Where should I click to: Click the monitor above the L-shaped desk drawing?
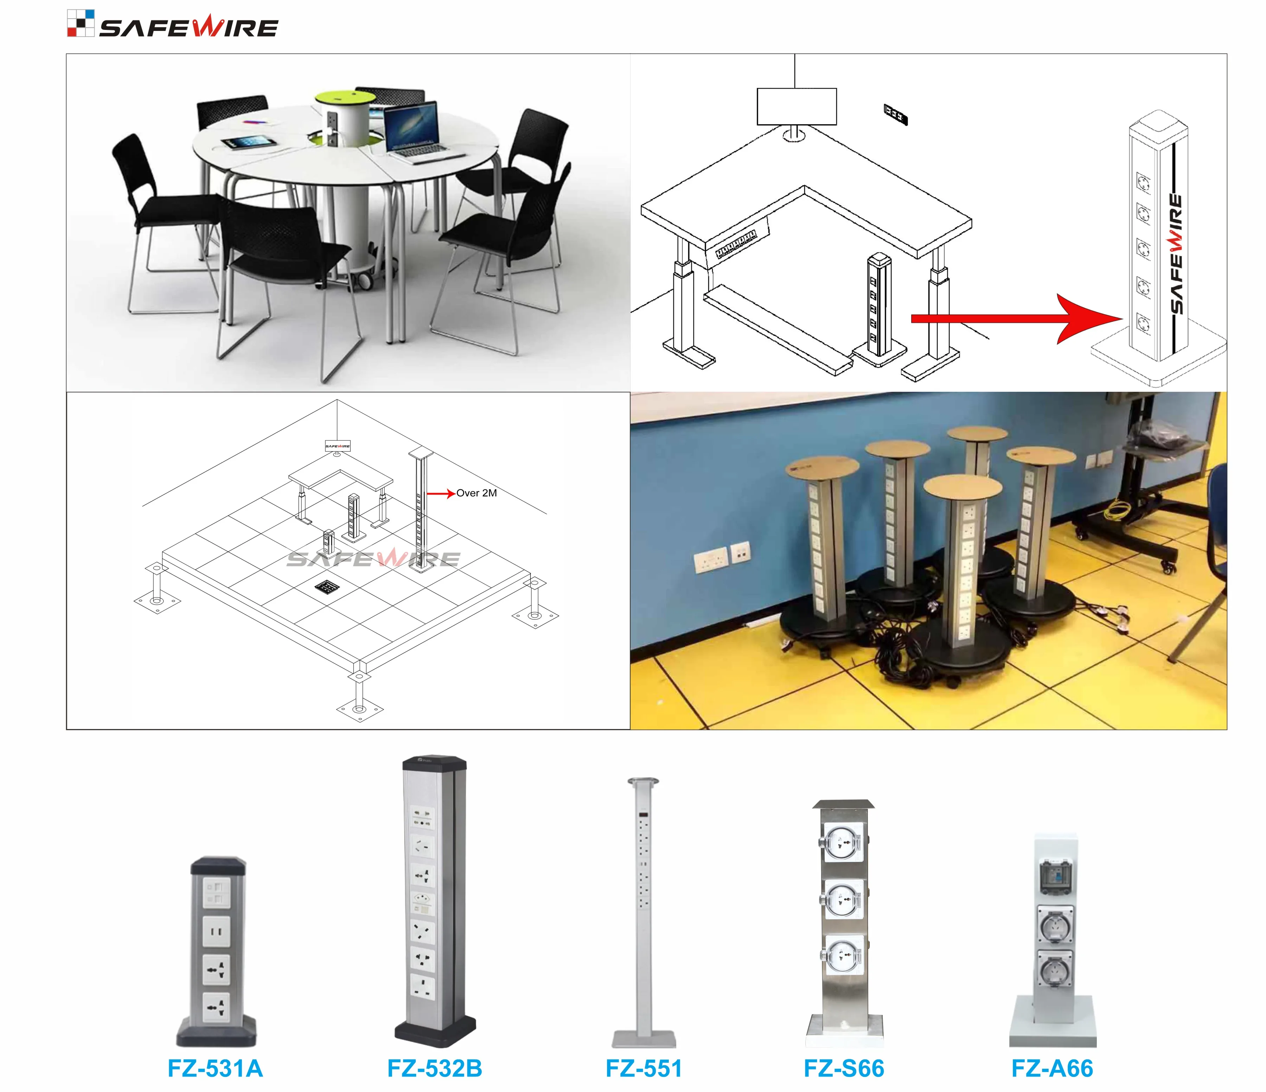pyautogui.click(x=796, y=106)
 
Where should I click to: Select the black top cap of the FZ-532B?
pyautogui.click(x=434, y=764)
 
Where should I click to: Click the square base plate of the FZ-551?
pyautogui.click(x=644, y=1040)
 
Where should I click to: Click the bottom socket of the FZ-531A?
pyautogui.click(x=216, y=1006)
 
